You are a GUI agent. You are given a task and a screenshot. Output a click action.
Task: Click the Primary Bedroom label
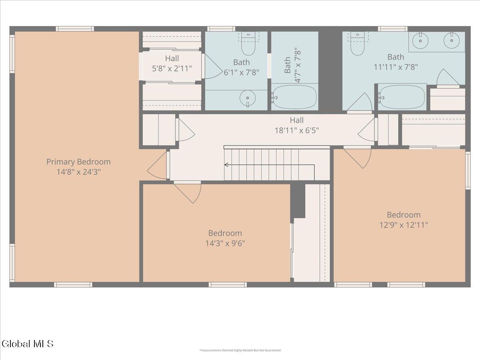tap(78, 162)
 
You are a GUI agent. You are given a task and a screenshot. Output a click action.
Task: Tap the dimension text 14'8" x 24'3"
tap(79, 172)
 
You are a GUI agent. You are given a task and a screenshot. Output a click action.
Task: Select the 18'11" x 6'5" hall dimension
tap(297, 130)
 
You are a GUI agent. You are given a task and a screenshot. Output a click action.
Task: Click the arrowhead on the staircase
tap(226, 164)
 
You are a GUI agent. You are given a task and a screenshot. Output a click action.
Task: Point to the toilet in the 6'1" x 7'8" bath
tap(248, 44)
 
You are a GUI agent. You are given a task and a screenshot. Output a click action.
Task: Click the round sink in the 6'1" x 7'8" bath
tap(247, 98)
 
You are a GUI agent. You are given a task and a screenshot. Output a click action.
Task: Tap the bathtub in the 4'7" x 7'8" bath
tap(294, 97)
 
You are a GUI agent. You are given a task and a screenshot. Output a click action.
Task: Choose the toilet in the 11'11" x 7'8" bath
tap(357, 44)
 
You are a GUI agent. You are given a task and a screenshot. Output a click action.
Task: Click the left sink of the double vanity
tap(420, 41)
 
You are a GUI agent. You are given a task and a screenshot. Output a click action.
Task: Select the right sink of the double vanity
tap(452, 41)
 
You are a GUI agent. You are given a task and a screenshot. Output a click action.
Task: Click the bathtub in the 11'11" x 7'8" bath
tap(402, 97)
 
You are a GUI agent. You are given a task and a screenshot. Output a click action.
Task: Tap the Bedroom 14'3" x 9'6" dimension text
tap(225, 243)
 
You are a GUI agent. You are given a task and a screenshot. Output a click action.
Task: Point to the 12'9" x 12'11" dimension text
tap(404, 225)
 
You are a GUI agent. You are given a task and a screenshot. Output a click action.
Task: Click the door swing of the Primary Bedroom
tap(157, 166)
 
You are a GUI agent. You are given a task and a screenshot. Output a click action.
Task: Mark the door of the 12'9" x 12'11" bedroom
tap(357, 157)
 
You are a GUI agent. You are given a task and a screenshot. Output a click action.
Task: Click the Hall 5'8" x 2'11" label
tap(172, 64)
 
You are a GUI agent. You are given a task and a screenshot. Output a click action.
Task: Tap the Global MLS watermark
tap(27, 344)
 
